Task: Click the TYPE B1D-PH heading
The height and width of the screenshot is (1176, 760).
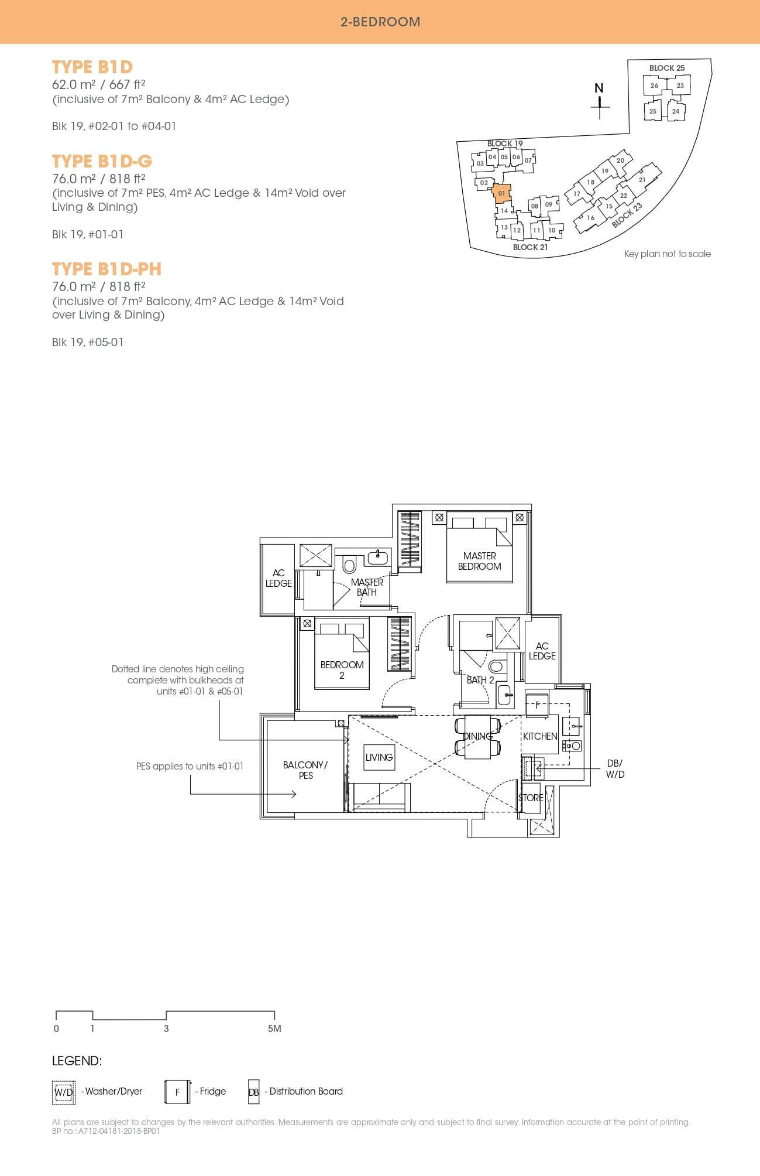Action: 106,269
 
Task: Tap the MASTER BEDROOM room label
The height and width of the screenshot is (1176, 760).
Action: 479,561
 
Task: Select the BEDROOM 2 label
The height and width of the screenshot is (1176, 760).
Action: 342,669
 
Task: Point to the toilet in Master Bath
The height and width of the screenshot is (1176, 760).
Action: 349,565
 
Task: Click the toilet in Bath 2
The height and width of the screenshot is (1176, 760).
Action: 496,666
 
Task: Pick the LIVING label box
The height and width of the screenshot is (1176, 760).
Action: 379,757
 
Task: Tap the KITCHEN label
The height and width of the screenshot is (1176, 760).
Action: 539,736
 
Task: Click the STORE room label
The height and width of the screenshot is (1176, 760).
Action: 531,798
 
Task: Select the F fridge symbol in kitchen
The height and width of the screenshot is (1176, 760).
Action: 537,705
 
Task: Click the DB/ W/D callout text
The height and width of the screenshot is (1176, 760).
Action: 615,768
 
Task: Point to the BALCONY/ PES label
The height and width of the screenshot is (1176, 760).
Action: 305,770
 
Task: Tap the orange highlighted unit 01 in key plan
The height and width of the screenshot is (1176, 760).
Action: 502,193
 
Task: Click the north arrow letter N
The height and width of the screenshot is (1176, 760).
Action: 599,88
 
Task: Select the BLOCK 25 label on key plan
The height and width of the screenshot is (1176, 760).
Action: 666,68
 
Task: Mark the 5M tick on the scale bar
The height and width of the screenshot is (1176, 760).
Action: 274,1028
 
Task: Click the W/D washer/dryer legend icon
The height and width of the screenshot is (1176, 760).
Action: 64,1092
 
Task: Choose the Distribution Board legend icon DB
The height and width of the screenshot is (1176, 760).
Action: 253,1092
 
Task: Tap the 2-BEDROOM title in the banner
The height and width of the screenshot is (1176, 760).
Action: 380,22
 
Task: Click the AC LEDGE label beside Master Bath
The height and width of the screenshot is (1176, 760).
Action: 278,578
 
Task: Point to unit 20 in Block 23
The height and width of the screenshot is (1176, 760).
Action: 620,160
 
